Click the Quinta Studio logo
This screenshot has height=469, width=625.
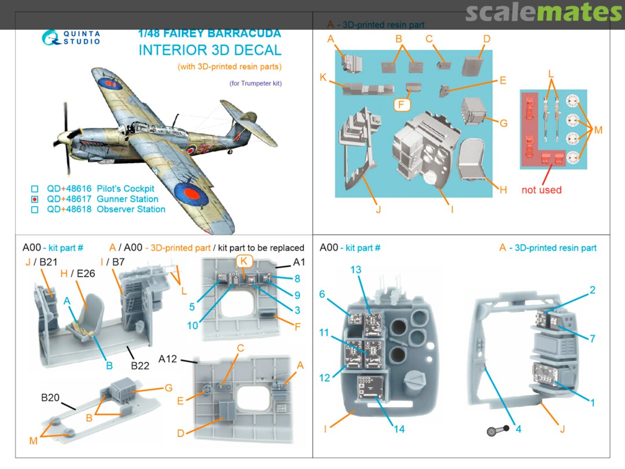[71, 37]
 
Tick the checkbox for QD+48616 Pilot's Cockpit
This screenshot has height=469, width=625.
[35, 189]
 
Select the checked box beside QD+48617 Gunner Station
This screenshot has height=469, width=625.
[35, 199]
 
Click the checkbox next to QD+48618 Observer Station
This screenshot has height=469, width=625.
[35, 210]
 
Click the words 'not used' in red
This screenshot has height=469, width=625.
[541, 190]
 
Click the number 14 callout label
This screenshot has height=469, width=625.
[399, 429]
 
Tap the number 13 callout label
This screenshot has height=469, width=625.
[355, 270]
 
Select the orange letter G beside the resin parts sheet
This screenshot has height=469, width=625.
[503, 123]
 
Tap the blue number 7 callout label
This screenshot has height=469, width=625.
[592, 339]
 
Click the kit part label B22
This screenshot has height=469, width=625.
[141, 365]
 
